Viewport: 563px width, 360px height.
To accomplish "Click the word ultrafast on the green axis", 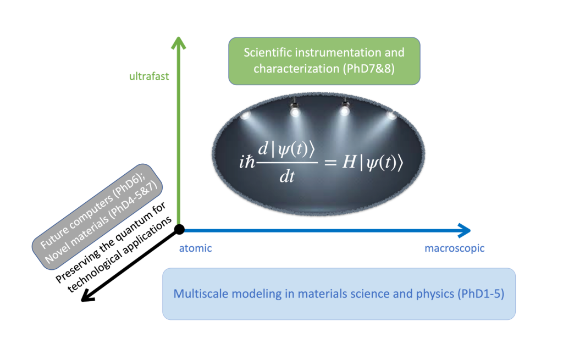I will (x=148, y=76).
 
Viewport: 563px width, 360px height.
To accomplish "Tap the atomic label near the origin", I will (x=195, y=248).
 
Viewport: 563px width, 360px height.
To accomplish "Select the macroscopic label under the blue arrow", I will (x=454, y=248).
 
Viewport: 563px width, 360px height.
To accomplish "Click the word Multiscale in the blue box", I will (x=198, y=293).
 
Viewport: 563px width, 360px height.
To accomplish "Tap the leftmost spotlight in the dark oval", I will (x=245, y=115).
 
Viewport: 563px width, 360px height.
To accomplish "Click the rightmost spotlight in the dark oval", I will (x=391, y=115).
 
